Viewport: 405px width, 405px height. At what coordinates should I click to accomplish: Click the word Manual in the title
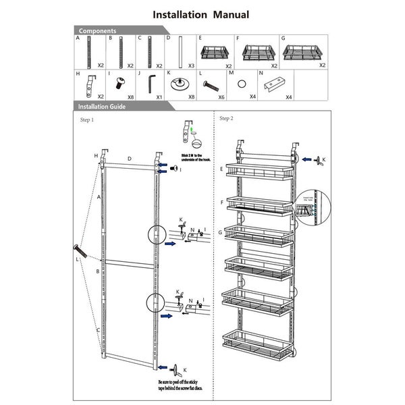[x=228, y=14]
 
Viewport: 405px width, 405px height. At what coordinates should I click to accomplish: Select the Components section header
[x=97, y=31]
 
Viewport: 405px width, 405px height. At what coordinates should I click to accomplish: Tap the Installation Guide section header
[x=101, y=107]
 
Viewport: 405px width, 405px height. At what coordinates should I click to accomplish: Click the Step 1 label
[x=87, y=120]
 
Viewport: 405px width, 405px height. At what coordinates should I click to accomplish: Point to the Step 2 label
[x=226, y=118]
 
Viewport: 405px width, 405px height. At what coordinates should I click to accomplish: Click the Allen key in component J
[x=150, y=84]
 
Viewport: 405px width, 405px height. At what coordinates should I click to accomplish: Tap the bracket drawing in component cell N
[x=276, y=85]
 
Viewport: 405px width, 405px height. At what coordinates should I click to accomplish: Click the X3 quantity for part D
[x=192, y=65]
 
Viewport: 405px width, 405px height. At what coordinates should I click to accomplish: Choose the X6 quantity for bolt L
[x=220, y=97]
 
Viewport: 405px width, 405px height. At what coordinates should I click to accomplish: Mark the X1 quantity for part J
[x=159, y=97]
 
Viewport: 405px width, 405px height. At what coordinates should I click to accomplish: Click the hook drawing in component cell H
[x=90, y=86]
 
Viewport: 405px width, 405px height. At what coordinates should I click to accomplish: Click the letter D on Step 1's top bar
[x=130, y=159]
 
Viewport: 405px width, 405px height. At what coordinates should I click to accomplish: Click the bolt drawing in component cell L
[x=211, y=86]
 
